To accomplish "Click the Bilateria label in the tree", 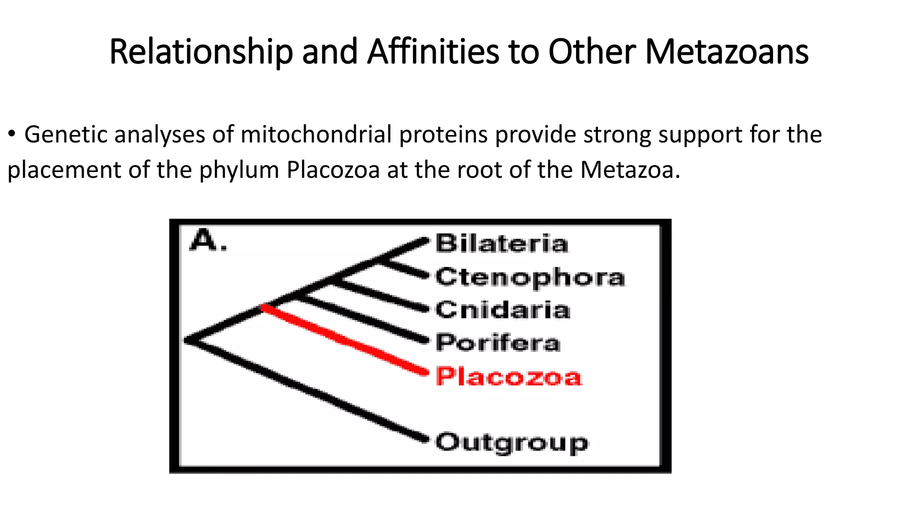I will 502,244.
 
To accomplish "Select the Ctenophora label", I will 530,277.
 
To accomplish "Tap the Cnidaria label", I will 502,310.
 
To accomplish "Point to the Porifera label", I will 498,343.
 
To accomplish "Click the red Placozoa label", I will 508,377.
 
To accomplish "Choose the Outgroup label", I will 511,443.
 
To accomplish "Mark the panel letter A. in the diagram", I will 208,241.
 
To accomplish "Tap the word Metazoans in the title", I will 727,52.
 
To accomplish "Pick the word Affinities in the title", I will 433,52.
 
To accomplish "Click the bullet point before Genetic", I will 12,134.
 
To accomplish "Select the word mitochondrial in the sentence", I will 316,135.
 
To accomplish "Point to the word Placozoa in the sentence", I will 333,170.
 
